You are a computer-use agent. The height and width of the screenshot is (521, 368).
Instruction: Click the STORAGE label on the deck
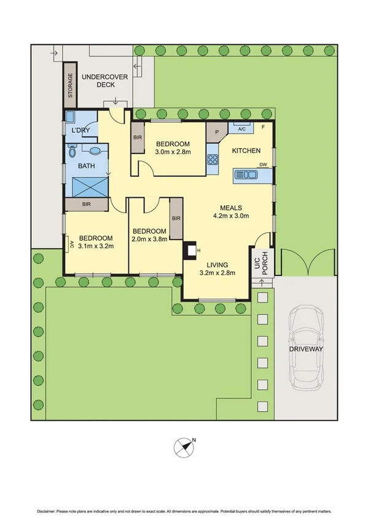[70, 85]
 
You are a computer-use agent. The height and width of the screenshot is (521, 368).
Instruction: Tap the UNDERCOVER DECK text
[104, 81]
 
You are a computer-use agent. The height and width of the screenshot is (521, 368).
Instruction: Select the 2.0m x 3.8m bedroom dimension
[150, 239]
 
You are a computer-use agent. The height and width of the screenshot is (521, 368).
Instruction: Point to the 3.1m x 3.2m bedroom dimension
[95, 246]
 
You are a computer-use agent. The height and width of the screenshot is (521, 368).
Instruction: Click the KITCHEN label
[246, 151]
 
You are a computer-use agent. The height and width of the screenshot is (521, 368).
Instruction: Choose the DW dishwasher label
[263, 165]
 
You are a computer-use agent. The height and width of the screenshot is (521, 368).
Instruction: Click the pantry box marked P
[216, 131]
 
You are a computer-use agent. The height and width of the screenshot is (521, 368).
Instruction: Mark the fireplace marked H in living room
[192, 250]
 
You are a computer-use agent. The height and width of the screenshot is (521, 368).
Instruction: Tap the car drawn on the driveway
[306, 347]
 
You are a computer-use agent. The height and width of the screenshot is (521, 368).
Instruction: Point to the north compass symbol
[184, 446]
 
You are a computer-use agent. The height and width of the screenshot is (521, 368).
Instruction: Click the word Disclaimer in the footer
[46, 511]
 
